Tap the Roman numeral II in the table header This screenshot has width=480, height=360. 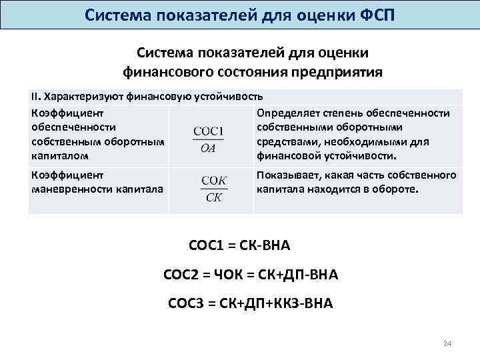click(35, 97)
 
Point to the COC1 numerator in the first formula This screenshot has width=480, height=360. click(208, 131)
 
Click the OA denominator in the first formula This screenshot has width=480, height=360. click(207, 148)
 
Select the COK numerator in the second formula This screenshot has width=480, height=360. click(214, 181)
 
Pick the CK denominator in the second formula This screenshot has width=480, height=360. click(214, 197)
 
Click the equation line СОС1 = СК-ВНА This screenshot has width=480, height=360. click(240, 245)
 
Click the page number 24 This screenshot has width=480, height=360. click(447, 343)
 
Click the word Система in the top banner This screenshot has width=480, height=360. click(120, 14)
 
